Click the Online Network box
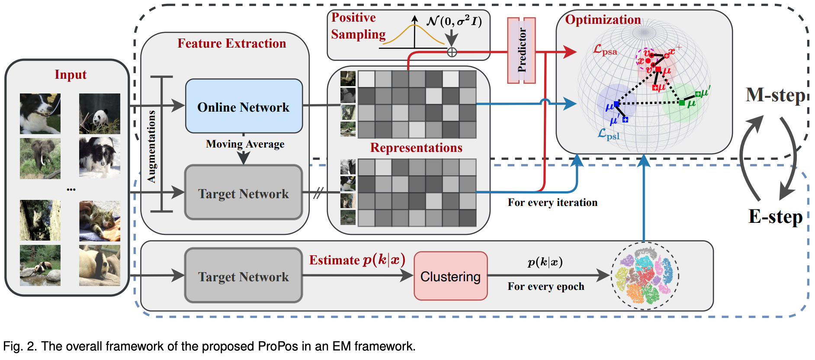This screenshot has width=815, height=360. click(x=244, y=106)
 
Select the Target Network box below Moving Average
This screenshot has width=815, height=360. click(x=244, y=193)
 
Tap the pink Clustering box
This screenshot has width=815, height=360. click(x=450, y=276)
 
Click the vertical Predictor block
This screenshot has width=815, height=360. click(x=521, y=50)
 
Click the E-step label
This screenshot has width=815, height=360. click(x=775, y=216)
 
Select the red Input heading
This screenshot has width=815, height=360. click(x=71, y=74)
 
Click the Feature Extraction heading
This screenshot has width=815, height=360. click(x=231, y=43)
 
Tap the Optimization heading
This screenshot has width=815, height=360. click(x=603, y=19)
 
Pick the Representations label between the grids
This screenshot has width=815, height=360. click(x=416, y=148)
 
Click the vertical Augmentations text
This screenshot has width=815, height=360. click(x=151, y=146)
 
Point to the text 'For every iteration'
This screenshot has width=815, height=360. click(x=552, y=202)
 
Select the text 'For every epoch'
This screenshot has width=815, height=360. click(x=545, y=286)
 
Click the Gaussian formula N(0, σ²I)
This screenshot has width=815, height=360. click(x=454, y=21)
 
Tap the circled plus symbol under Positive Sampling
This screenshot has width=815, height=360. click(x=452, y=52)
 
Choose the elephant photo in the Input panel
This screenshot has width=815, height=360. click(x=40, y=158)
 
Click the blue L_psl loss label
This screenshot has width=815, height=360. click(x=608, y=134)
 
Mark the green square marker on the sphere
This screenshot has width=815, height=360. click(x=682, y=103)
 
